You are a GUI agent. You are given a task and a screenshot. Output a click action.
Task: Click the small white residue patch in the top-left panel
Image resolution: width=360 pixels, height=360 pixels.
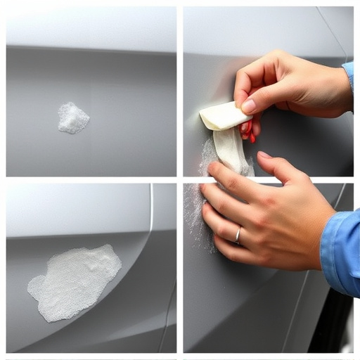72,117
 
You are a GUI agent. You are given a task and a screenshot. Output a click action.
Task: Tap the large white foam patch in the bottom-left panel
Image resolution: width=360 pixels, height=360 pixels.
75,281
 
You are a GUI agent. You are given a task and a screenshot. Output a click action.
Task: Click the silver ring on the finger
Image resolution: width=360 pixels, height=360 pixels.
238,235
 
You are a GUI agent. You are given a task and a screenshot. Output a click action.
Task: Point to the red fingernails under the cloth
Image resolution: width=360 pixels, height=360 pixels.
248,131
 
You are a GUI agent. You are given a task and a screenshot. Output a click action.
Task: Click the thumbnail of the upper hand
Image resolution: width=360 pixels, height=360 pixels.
248,106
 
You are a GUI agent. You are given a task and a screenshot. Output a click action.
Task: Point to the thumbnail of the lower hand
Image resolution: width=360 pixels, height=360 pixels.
264,155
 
